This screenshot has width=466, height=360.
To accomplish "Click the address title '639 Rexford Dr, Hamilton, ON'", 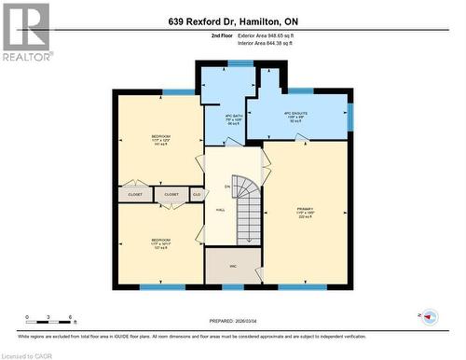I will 232,21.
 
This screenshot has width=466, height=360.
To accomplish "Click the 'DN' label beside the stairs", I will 226,187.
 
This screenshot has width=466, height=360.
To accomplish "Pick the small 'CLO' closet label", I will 197,194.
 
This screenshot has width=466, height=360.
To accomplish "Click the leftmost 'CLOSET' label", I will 136,194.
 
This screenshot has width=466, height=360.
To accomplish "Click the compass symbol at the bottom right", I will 429,317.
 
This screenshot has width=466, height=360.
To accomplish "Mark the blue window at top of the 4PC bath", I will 240,63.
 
